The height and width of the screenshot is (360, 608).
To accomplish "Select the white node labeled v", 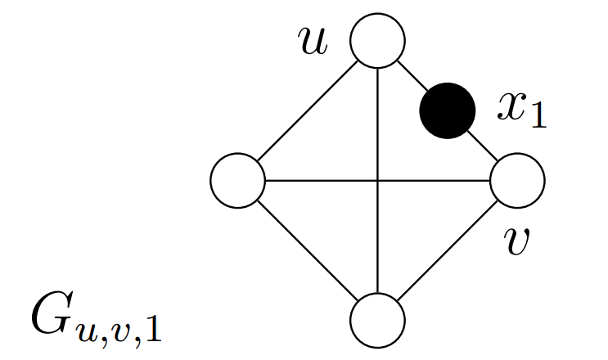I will tap(517, 179).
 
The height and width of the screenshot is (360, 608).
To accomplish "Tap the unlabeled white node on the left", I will tap(238, 179).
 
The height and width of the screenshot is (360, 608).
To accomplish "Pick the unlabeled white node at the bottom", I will tap(377, 318).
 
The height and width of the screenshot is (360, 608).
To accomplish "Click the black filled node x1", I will tap(447, 110).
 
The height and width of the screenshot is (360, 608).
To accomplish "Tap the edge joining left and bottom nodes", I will tap(308, 249).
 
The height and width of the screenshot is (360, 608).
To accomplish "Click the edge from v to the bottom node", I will tap(447, 249).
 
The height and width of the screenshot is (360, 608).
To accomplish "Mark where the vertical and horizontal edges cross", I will tap(377, 179).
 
